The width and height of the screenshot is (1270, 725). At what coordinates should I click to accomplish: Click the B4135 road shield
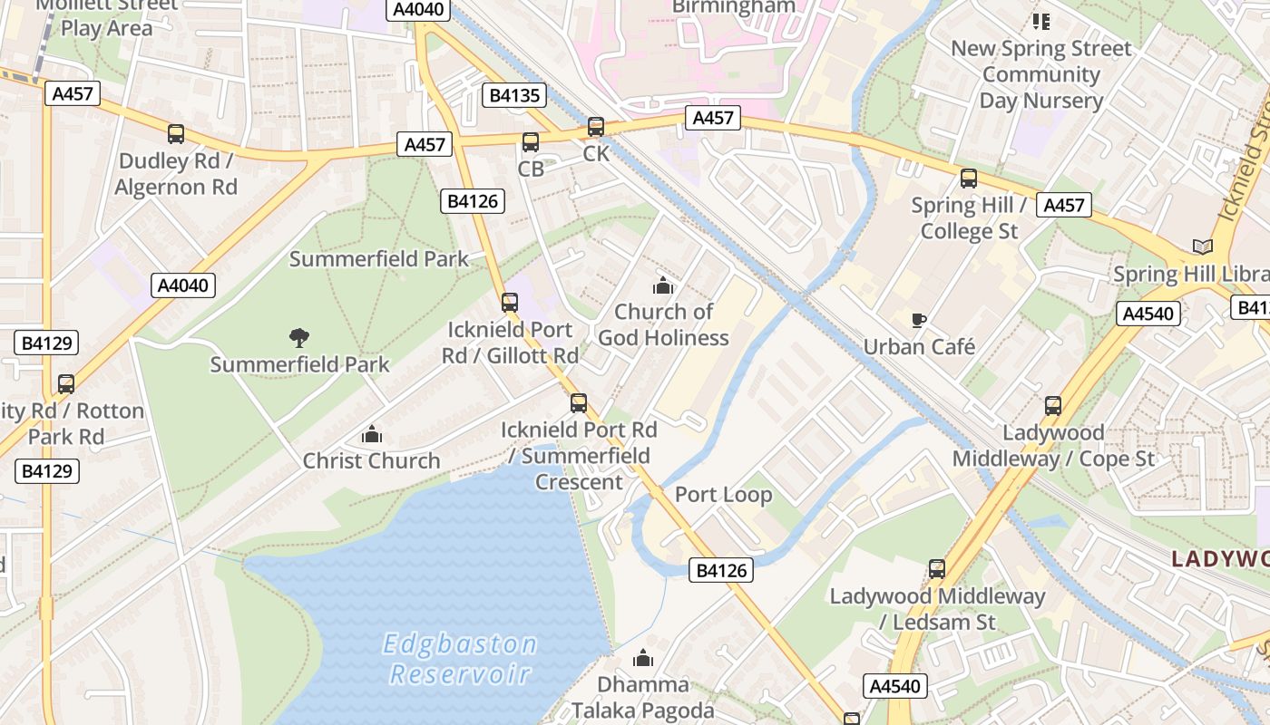point(514,95)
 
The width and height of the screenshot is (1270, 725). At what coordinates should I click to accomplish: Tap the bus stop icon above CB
point(531,142)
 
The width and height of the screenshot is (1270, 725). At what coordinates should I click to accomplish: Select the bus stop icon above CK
point(596,127)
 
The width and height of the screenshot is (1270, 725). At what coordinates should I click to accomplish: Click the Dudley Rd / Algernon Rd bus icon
point(176,134)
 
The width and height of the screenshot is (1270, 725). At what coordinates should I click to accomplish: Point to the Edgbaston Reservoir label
point(461,659)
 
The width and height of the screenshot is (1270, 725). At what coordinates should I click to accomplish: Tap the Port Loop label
point(723,495)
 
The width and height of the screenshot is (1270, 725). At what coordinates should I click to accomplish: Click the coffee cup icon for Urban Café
point(919,320)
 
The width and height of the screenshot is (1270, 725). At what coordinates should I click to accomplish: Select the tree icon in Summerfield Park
point(299,338)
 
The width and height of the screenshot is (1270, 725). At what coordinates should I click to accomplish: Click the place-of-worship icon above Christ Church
point(372,435)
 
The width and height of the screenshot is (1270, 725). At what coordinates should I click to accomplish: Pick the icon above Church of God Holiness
point(663,286)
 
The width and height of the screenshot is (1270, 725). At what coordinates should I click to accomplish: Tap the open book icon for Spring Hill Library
point(1202,246)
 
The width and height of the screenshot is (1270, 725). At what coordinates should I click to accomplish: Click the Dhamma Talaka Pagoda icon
point(643,658)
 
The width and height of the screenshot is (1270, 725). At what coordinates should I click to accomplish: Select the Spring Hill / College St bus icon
point(969,179)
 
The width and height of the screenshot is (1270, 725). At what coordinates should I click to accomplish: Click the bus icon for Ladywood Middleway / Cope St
point(1053,406)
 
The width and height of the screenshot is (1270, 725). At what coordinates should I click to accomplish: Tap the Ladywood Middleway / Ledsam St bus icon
point(937,569)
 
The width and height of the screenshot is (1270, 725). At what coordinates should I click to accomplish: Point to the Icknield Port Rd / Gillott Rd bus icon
point(510,303)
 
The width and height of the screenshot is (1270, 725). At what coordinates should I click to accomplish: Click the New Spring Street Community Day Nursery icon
point(1040,21)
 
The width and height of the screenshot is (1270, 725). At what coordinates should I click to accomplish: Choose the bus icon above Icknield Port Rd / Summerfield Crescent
point(579,403)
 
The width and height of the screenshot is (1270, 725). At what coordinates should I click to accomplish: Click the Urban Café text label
point(919,347)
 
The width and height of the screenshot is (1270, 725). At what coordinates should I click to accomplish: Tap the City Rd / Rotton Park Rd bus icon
point(66,384)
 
